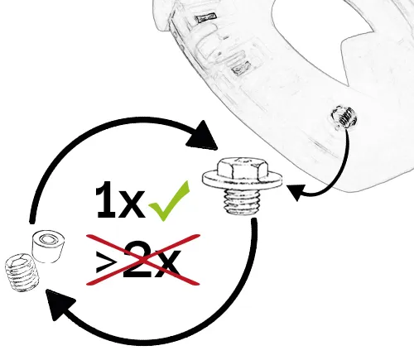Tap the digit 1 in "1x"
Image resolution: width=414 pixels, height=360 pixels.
tap(106, 199)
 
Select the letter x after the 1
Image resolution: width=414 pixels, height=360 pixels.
tap(132, 204)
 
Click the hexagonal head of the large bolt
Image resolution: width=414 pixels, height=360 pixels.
tap(243, 168)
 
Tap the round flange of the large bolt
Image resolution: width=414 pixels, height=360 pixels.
tap(243, 180)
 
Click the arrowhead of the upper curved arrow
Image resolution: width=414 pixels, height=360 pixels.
tap(202, 137)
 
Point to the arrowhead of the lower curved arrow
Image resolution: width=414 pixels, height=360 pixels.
tap(58, 304)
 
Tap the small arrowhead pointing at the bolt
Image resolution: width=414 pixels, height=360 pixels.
tap(296, 192)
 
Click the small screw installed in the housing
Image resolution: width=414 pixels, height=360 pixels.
tap(344, 118)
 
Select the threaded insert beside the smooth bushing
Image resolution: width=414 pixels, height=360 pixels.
tap(22, 272)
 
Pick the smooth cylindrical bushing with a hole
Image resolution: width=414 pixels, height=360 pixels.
tap(49, 247)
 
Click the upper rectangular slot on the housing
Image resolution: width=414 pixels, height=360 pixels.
tap(205, 18)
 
